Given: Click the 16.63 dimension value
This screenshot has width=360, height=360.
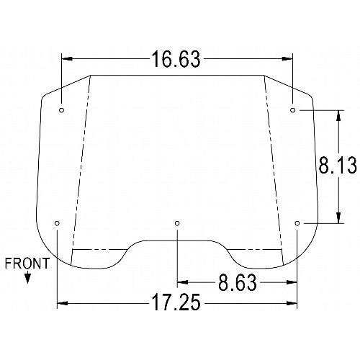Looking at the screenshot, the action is tap(176, 59).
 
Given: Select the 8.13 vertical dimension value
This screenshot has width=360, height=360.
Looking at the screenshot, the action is tap(338, 165).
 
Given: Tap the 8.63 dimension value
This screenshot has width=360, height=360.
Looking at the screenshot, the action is tap(238, 283).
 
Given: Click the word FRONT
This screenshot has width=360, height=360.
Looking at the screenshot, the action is tap(27, 264).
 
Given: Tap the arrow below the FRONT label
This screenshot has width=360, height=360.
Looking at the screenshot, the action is tap(27, 277).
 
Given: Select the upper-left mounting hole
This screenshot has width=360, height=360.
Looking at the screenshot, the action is tap(62, 110).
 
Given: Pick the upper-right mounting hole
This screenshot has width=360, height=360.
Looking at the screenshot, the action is tap(292, 110).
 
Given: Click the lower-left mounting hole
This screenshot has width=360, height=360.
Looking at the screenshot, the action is tap(57, 223).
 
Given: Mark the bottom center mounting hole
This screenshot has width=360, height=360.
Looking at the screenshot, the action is tap(177, 223).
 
